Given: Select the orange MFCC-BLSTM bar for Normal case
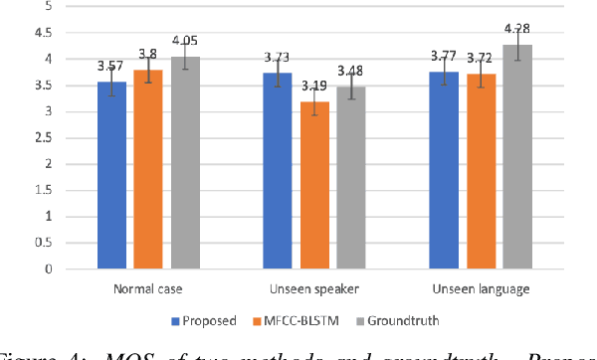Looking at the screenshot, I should point(148,169).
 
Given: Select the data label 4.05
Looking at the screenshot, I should point(185,42).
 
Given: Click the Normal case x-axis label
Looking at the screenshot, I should point(148,289).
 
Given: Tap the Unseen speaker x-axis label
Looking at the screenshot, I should point(314,289).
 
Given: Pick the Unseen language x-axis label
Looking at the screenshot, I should point(481,289).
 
